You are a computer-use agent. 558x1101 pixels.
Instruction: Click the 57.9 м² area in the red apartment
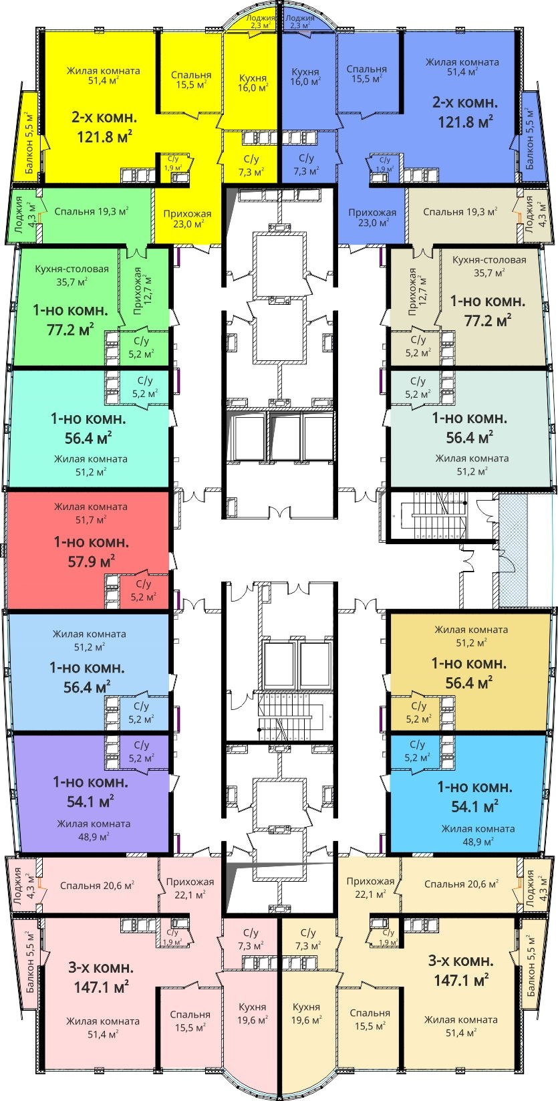coord(92,561)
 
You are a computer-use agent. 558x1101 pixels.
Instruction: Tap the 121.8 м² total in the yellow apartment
coord(105,136)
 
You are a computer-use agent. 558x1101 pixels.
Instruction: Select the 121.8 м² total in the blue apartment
coord(465,122)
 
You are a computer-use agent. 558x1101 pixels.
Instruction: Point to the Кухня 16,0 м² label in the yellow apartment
coord(253,83)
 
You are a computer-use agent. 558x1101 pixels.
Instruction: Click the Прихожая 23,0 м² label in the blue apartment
coord(372,217)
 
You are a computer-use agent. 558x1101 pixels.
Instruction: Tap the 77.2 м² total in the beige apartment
coord(488,321)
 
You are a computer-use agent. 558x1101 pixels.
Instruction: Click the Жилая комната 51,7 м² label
coord(91,513)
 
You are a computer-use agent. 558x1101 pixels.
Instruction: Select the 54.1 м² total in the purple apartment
coord(90,801)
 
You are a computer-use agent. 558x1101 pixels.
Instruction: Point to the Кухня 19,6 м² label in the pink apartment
coord(253,1013)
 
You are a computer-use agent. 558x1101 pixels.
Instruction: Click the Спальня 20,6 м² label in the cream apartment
coord(461,884)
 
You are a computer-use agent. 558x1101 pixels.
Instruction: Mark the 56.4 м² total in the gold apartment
coord(468,683)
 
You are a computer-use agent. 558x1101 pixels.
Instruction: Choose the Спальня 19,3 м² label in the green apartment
coord(92,211)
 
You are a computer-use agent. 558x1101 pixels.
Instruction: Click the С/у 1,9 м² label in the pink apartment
coord(172,937)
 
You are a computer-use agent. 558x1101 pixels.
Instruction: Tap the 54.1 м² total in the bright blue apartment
coord(474,807)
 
